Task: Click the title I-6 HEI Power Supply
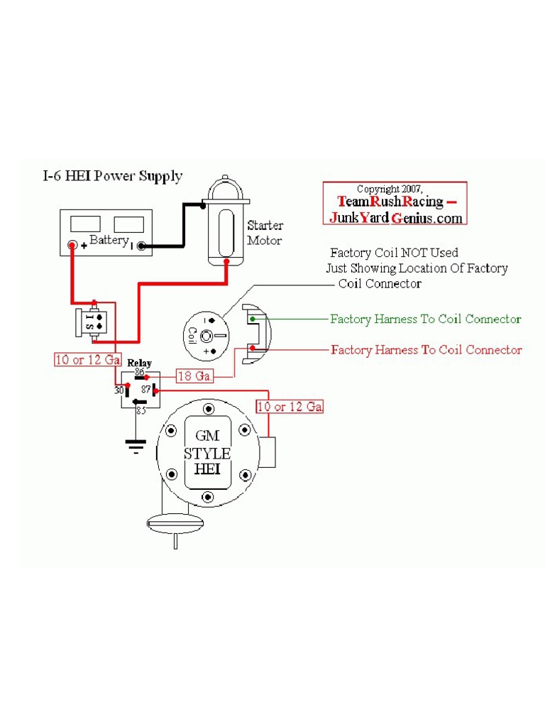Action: (111, 176)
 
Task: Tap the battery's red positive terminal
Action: (72, 246)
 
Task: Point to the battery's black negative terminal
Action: (141, 246)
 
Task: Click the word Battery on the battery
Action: (108, 241)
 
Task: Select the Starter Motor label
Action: (265, 233)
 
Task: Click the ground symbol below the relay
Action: (136, 444)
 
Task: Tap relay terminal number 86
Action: (139, 372)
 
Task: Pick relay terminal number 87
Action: (145, 390)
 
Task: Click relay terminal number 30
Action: (119, 390)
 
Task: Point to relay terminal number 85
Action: (141, 410)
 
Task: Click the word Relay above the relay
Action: (139, 363)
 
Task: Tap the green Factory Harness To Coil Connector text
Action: (426, 319)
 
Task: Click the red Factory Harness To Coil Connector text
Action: (426, 350)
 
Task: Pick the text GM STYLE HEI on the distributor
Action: (207, 453)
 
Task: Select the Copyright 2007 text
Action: (390, 189)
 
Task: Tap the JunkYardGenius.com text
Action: (396, 218)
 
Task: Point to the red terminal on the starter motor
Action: (226, 262)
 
